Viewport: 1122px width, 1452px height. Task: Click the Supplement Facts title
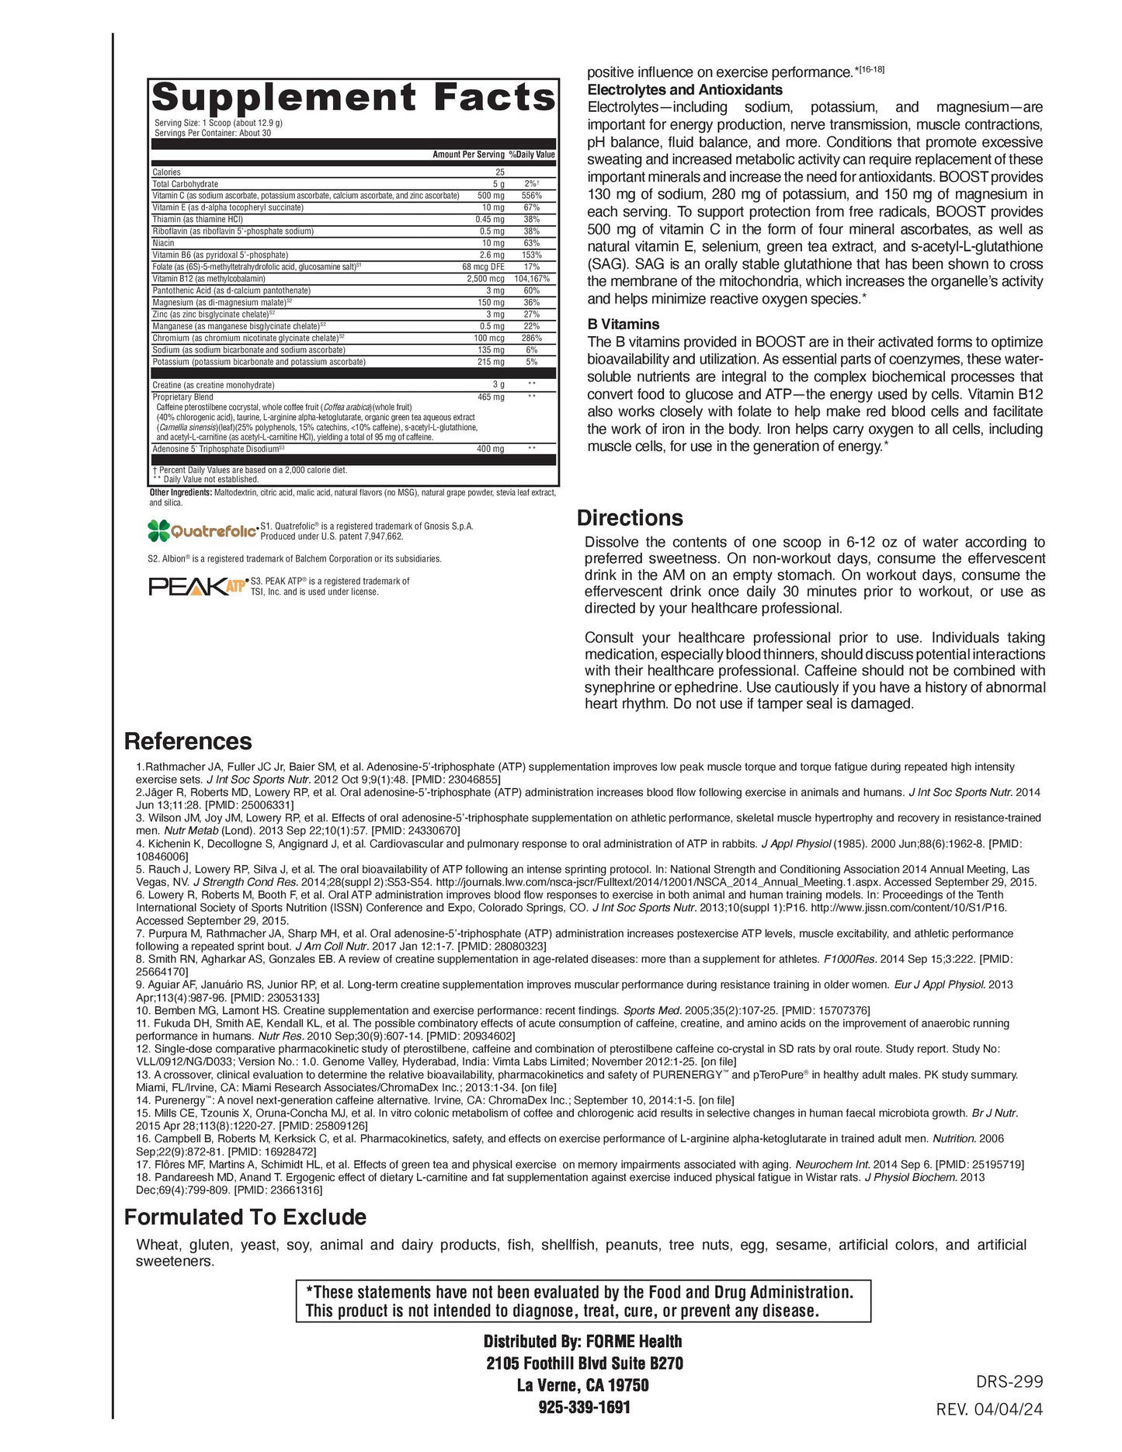(353, 99)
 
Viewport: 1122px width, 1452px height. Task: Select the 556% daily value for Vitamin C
(531, 196)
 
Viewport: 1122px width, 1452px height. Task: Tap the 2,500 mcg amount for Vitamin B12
(485, 279)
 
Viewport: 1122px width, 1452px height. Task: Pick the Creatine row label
(213, 385)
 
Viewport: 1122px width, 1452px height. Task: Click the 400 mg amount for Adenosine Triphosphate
(490, 449)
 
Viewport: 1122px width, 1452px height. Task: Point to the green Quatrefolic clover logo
(158, 530)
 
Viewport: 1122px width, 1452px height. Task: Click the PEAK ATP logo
(197, 586)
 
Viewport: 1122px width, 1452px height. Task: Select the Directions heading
(630, 518)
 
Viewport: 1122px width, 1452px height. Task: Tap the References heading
(188, 742)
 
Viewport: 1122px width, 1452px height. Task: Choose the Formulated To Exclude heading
(245, 1217)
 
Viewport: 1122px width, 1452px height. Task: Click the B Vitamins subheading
(623, 325)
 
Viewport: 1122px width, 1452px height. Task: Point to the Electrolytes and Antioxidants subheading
(685, 90)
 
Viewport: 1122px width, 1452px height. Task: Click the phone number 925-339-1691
(584, 1407)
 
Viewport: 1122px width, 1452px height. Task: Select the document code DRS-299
(1009, 1381)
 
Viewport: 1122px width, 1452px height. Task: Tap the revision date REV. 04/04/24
(989, 1409)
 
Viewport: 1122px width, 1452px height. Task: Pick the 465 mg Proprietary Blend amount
(490, 397)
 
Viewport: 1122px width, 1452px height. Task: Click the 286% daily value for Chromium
(531, 338)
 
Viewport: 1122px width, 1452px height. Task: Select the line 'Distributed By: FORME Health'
(582, 1341)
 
